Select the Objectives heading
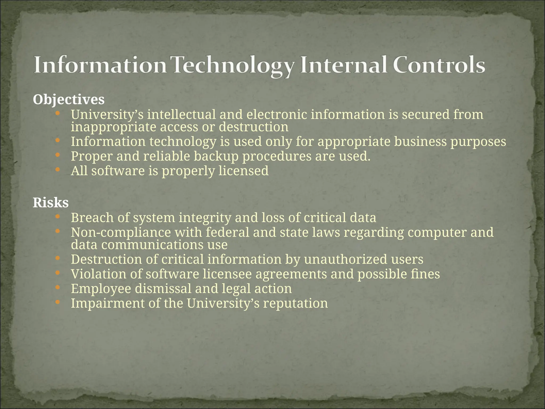(69, 100)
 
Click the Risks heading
(51, 203)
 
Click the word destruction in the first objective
(253, 127)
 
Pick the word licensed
(243, 171)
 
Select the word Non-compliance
(121, 232)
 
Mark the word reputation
(295, 304)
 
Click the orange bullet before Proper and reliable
(58, 155)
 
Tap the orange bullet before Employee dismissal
(58, 287)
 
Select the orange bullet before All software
(58, 169)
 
